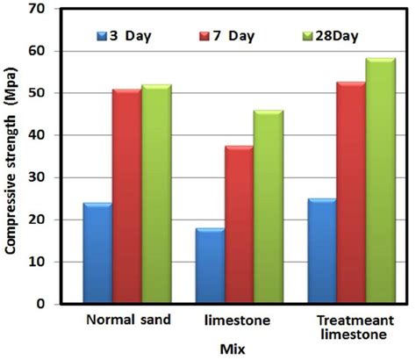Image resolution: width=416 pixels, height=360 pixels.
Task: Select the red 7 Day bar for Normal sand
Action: click(126, 197)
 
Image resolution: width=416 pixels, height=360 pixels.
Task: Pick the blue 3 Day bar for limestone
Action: click(210, 266)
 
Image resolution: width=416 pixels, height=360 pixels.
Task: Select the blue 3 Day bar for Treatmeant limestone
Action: click(322, 251)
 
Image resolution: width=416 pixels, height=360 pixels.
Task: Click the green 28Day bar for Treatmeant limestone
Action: click(381, 181)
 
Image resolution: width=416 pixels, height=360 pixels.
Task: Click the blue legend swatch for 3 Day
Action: click(104, 36)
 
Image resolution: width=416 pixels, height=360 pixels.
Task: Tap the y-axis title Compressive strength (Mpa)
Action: click(11, 158)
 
